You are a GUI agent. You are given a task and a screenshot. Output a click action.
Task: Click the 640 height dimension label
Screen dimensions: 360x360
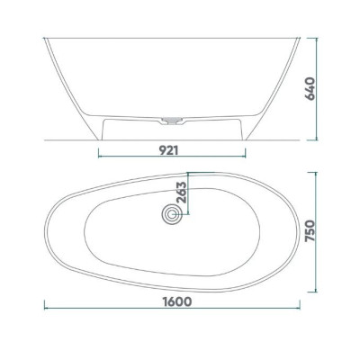[x=310, y=89]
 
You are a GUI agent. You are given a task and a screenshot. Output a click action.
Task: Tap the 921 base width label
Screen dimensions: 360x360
[x=168, y=150]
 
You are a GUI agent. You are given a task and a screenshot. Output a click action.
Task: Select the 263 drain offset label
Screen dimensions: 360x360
[x=181, y=193]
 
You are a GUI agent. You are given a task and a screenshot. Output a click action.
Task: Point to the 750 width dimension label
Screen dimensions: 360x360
[x=310, y=231]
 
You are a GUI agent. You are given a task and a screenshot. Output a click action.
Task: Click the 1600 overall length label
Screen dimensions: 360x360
[x=177, y=301]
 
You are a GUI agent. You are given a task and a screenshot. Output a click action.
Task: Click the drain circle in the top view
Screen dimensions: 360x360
[x=172, y=214]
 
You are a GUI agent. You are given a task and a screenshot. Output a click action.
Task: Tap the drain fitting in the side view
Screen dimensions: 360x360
[x=172, y=120]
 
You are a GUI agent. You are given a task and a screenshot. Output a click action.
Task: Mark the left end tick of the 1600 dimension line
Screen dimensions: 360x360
[x=44, y=304]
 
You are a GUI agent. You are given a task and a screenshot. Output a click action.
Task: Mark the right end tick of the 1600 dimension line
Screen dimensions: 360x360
[x=300, y=304]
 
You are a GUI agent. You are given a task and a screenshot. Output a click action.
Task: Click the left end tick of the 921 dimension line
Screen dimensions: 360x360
[x=99, y=153]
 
